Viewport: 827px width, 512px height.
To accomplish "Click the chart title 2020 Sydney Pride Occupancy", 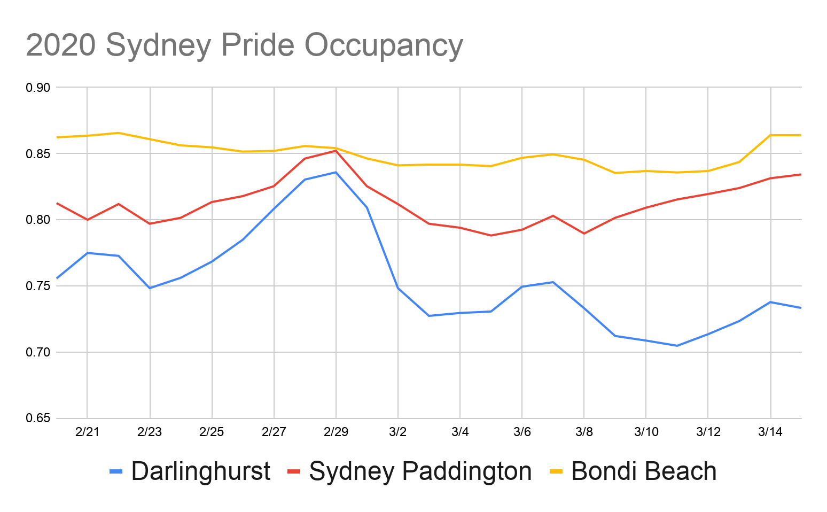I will pos(244,45).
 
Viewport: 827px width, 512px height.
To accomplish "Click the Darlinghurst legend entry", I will pos(200,471).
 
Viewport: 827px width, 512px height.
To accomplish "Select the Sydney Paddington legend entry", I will pos(420,471).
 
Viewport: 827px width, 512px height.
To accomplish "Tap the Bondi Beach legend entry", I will pos(643,471).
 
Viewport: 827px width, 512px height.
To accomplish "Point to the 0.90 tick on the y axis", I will pos(37,88).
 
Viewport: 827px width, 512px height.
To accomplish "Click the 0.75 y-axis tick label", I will pos(37,286).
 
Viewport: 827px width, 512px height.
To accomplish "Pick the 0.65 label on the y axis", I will pos(37,418).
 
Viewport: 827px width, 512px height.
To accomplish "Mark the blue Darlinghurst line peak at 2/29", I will pos(336,172).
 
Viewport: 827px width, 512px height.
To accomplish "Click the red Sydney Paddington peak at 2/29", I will pos(336,151).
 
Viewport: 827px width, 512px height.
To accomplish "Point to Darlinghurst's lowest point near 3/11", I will pos(677,346).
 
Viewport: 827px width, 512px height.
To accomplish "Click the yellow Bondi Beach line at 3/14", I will pos(770,135).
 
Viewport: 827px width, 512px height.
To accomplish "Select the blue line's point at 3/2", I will pos(397,288).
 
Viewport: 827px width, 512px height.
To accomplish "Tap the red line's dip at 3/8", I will pos(584,234).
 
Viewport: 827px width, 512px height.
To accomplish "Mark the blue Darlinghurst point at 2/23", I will pos(150,288).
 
